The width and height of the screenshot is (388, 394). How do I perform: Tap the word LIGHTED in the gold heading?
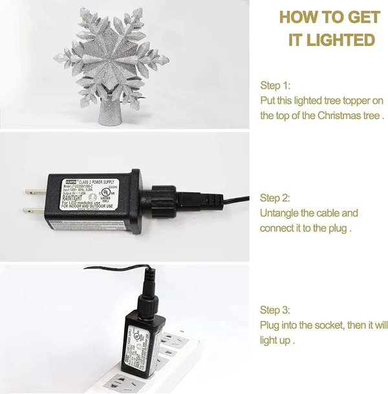click(x=341, y=39)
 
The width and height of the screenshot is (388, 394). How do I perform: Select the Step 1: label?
click(x=275, y=85)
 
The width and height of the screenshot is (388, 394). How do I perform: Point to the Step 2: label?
click(x=275, y=198)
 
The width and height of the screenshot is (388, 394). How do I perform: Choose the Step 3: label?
click(x=275, y=310)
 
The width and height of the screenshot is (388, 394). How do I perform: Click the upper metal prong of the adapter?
click(x=32, y=191)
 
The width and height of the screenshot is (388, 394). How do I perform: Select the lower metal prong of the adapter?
click(x=32, y=210)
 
